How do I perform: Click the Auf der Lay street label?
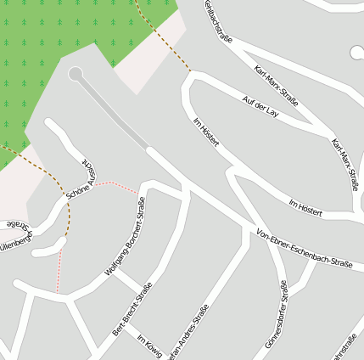pyautogui.click(x=260, y=106)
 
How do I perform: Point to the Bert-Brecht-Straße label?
pyautogui.click(x=132, y=307)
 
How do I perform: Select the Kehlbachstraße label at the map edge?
pyautogui.click(x=218, y=19)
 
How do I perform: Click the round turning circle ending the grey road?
pyautogui.click(x=76, y=74)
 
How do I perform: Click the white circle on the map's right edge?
pyautogui.click(x=357, y=53)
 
